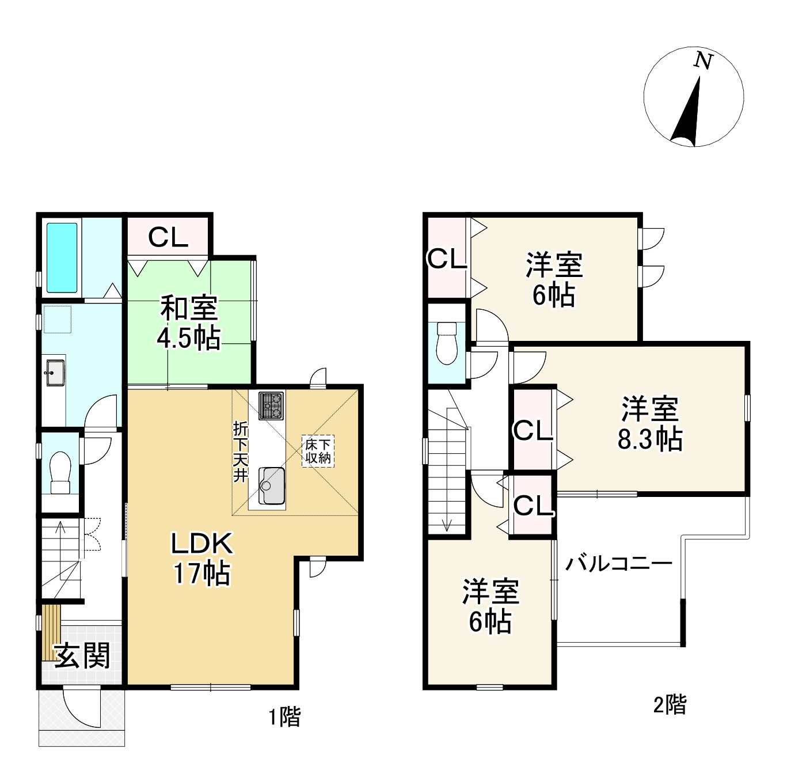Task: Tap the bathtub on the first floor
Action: (x=62, y=257)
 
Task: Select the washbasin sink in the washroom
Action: (x=55, y=373)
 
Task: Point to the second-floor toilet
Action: (x=447, y=343)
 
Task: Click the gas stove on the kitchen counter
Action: (x=271, y=405)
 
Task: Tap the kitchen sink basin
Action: (x=272, y=486)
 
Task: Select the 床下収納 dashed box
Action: (x=318, y=451)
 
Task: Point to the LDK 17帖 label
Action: (x=202, y=558)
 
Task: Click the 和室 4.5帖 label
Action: (x=188, y=323)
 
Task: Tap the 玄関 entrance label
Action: (x=82, y=655)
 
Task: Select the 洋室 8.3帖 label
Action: (x=650, y=423)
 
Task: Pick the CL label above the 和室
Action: (x=168, y=237)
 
